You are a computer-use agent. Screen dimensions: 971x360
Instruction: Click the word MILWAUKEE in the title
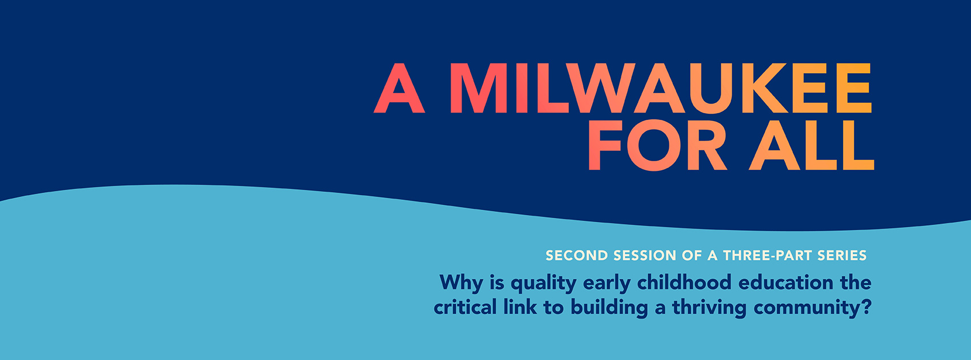pyautogui.click(x=661, y=88)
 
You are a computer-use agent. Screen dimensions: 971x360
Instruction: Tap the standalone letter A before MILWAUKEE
pyautogui.click(x=399, y=88)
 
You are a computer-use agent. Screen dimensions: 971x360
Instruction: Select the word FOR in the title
pyautogui.click(x=657, y=145)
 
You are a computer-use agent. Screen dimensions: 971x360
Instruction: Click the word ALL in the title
pyautogui.click(x=812, y=145)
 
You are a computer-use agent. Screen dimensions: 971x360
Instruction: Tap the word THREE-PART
pyautogui.click(x=767, y=255)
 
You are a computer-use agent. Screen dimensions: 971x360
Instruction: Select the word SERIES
pyautogui.click(x=842, y=255)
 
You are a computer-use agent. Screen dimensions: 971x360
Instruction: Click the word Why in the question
pyautogui.click(x=462, y=283)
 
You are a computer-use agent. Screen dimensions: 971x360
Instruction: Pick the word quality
pyautogui.click(x=544, y=283)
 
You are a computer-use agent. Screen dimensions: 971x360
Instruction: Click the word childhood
pyautogui.click(x=684, y=282)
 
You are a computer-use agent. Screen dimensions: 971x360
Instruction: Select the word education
pyautogui.click(x=786, y=282)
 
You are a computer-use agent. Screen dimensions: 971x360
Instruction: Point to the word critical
pyautogui.click(x=465, y=307)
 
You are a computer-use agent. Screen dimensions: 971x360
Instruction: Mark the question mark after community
pyautogui.click(x=866, y=307)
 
